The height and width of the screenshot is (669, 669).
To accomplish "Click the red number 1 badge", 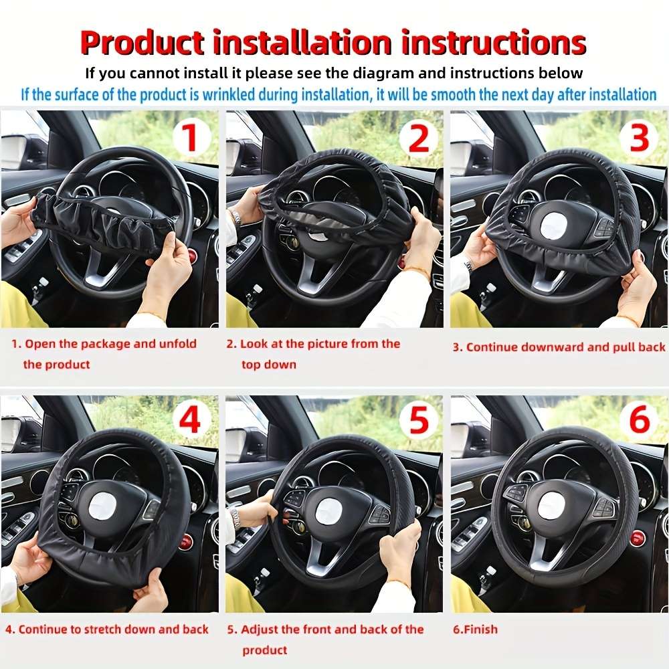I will click(191, 138).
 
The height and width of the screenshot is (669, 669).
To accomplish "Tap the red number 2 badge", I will click(418, 138).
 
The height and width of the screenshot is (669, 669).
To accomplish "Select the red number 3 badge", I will click(640, 138).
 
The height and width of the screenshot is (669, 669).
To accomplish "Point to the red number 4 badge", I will click(191, 421).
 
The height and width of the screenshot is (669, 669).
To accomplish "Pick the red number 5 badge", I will click(418, 421).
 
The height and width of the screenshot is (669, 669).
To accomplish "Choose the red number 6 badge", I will click(640, 421).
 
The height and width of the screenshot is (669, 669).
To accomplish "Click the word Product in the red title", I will click(142, 43).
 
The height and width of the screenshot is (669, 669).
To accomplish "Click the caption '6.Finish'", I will click(475, 630).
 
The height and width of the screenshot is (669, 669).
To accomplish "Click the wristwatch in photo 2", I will click(235, 217).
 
